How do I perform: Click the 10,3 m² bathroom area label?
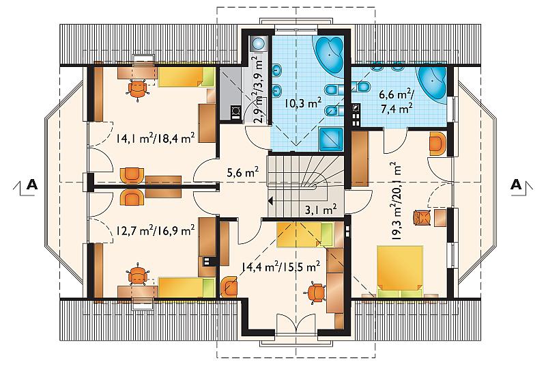coord(302,103)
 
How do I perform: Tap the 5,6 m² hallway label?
coord(243,172)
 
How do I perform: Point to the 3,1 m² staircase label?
coord(321,209)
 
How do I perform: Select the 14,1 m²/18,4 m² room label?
coord(156,138)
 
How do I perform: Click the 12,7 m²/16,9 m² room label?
coord(155,230)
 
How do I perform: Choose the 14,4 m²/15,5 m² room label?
coord(281,267)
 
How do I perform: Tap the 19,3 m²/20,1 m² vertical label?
coord(396,201)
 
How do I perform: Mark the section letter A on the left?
coord(32,185)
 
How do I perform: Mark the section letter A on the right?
coord(516,185)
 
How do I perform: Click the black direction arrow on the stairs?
coord(270,200)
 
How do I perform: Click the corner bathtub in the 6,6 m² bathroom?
coord(432,83)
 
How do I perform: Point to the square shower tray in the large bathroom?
coord(331,139)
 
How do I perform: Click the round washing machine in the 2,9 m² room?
coord(259,44)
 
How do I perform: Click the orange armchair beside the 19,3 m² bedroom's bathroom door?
coord(437,144)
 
